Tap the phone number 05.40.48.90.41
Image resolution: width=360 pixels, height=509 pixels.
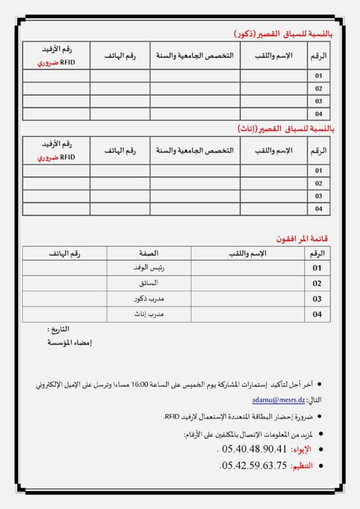click(254, 449)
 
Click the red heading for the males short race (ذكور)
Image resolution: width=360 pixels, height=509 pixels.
click(283, 34)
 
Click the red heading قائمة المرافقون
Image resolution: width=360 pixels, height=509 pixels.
click(302, 239)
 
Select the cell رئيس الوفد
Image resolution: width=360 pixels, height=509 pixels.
click(149, 268)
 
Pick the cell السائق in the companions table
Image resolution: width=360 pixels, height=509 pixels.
click(149, 283)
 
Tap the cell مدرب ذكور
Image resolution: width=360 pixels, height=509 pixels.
click(149, 299)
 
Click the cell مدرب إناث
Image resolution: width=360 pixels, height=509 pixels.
click(149, 314)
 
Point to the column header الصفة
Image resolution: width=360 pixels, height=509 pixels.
click(149, 253)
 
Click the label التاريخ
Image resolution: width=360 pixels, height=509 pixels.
click(58, 330)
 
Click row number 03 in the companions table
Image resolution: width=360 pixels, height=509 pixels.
click(317, 299)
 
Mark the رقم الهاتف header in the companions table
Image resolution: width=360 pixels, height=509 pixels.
click(65, 253)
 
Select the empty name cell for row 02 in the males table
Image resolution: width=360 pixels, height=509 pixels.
click(274, 88)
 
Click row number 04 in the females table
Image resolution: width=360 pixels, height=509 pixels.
click(319, 209)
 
